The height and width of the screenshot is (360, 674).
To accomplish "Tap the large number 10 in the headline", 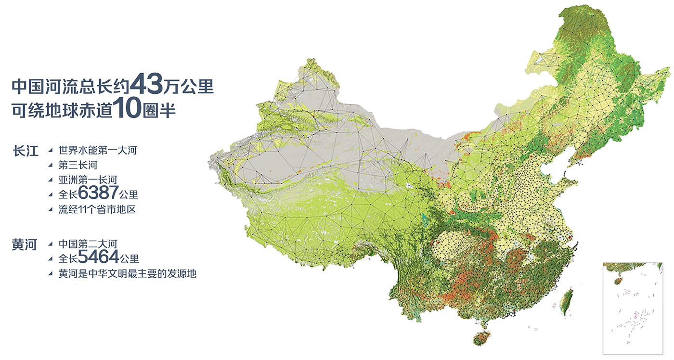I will click(x=127, y=109).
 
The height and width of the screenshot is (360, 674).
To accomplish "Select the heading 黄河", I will click(x=25, y=245).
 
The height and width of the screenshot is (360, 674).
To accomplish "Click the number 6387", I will click(x=98, y=193).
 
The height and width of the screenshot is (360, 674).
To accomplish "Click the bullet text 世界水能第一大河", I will click(x=98, y=151).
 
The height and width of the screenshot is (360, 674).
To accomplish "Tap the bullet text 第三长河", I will click(x=78, y=166).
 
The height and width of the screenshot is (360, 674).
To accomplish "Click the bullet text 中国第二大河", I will click(x=88, y=244).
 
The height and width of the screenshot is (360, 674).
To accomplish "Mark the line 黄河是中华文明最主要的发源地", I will click(x=128, y=273).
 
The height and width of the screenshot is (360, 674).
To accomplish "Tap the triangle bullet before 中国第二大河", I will click(x=51, y=244).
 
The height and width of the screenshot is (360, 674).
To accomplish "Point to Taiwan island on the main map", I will click(x=569, y=301).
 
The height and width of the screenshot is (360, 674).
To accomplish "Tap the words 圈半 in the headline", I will click(x=159, y=111).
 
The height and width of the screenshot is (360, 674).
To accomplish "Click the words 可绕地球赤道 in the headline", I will click(x=62, y=111).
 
